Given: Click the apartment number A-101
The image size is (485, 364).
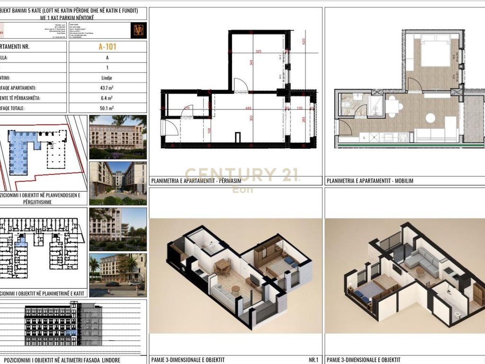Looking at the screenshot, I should (x=108, y=47).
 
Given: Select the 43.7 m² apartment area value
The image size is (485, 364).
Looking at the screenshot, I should (x=107, y=88).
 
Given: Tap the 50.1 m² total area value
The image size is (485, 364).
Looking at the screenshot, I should (x=107, y=109).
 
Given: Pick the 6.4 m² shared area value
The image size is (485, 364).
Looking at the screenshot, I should (x=107, y=98).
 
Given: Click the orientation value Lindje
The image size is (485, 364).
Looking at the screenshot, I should (x=107, y=78).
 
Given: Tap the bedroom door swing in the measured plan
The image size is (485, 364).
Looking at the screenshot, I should (x=240, y=85).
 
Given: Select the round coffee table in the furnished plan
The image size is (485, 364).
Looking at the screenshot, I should (x=431, y=118).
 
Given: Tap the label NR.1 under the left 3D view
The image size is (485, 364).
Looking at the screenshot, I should (x=313, y=360).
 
